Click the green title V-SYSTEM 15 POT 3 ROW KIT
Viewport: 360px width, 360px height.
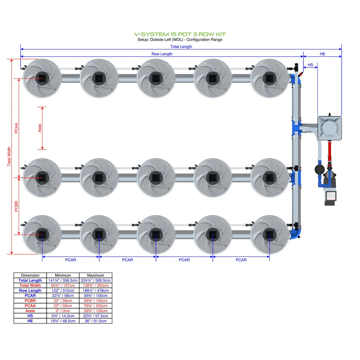click(180, 34)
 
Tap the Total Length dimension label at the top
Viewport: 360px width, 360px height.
click(181, 47)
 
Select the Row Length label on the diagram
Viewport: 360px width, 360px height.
click(162, 54)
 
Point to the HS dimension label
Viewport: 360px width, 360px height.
click(310, 65)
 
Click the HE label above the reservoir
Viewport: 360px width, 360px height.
click(322, 54)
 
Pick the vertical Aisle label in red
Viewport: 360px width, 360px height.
click(40, 128)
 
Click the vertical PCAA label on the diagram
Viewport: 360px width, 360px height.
click(16, 128)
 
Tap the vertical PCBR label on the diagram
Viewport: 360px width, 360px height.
click(16, 206)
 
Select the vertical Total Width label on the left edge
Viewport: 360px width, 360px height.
click(9, 156)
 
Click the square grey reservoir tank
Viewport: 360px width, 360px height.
click(329, 128)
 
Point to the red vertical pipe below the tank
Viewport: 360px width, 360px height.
click(329, 151)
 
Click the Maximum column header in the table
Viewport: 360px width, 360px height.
click(95, 275)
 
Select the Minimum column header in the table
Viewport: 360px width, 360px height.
click(63, 275)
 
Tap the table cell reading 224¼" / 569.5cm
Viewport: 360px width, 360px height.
click(95, 280)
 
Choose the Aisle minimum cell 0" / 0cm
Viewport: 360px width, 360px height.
click(63, 311)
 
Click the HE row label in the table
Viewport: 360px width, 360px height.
click(30, 321)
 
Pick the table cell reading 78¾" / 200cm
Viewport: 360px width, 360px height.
click(95, 306)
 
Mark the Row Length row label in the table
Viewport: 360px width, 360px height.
click(30, 290)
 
